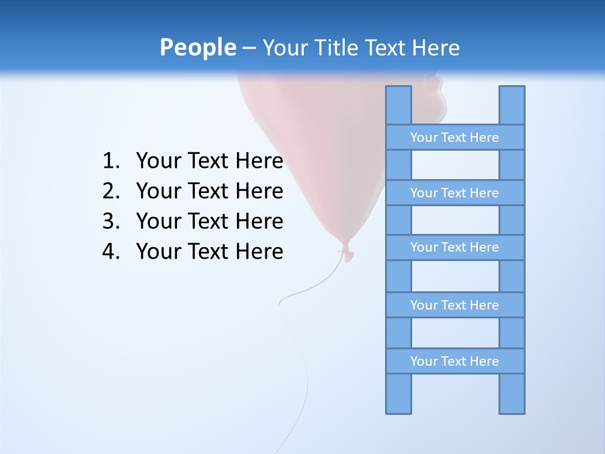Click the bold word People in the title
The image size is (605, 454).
click(x=197, y=47)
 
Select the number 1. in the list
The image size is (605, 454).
click(x=110, y=161)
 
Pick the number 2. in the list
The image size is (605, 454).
click(x=110, y=191)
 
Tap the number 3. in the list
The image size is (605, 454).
click(x=110, y=221)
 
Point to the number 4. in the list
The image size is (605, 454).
click(x=110, y=252)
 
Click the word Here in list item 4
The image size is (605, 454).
click(x=259, y=252)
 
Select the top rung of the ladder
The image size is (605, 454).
click(x=454, y=137)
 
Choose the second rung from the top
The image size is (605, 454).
click(x=454, y=193)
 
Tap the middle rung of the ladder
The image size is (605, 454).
click(x=454, y=247)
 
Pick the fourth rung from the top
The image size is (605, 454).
click(x=454, y=305)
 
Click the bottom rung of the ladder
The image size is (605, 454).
click(x=454, y=361)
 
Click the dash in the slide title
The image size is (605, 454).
click(x=248, y=48)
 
